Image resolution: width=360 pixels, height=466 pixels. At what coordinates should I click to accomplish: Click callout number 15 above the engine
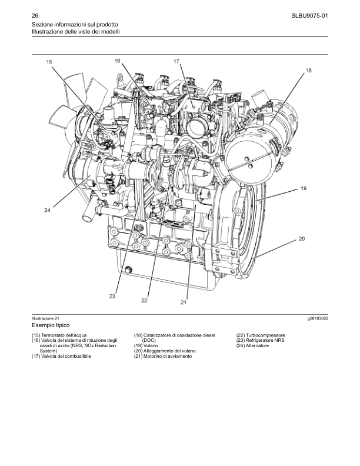pyautogui.click(x=49, y=62)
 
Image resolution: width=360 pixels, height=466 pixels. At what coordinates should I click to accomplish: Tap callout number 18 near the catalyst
pyautogui.click(x=309, y=71)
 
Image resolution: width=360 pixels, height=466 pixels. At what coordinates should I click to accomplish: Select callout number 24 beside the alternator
pyautogui.click(x=47, y=210)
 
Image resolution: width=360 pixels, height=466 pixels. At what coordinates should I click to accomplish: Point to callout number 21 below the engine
pyautogui.click(x=184, y=302)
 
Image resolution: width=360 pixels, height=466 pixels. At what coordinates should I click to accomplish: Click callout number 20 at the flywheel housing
pyautogui.click(x=302, y=239)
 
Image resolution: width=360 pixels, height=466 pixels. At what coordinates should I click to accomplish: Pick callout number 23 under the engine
pyautogui.click(x=112, y=297)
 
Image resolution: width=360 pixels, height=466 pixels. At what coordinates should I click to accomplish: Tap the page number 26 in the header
pyautogui.click(x=35, y=16)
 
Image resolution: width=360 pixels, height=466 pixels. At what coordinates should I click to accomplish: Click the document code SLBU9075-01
pyautogui.click(x=310, y=16)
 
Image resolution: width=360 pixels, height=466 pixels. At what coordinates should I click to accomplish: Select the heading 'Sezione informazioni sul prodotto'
pyautogui.click(x=75, y=24)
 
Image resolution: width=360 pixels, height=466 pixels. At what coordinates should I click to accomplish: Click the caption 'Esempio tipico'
pyautogui.click(x=51, y=325)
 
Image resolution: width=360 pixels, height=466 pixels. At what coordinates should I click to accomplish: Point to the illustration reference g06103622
pyautogui.click(x=318, y=318)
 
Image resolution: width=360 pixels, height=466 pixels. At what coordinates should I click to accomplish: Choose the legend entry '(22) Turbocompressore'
pyautogui.click(x=261, y=335)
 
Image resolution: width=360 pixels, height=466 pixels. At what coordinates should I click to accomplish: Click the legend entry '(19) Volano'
pyautogui.click(x=146, y=345)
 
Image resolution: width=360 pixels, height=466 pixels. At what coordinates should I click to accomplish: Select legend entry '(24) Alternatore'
pyautogui.click(x=252, y=345)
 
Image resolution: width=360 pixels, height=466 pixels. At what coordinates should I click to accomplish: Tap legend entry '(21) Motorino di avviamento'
pyautogui.click(x=163, y=356)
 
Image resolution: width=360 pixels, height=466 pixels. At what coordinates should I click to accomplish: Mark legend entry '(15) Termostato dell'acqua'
pyautogui.click(x=59, y=335)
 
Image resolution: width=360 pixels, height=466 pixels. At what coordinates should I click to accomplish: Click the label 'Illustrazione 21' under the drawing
pyautogui.click(x=44, y=318)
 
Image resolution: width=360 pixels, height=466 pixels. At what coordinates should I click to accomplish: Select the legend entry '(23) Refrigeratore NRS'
pyautogui.click(x=260, y=340)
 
